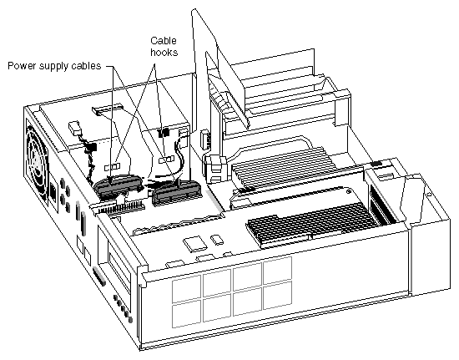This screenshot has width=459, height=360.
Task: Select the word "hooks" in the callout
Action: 164,52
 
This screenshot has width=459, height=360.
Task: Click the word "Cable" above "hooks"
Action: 164,40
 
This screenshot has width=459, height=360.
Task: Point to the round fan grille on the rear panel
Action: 37,157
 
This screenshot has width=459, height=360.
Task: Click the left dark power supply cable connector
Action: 119,186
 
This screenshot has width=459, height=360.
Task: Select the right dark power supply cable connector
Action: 176,192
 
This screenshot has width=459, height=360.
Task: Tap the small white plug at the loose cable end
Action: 75,129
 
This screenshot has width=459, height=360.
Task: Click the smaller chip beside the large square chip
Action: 217,240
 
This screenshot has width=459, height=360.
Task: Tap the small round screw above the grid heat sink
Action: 348,192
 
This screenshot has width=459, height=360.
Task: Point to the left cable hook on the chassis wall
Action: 113,167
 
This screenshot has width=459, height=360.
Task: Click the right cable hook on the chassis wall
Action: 167,160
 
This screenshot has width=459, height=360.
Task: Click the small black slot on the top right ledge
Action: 376,164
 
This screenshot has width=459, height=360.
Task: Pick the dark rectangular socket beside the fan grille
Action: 53,194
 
